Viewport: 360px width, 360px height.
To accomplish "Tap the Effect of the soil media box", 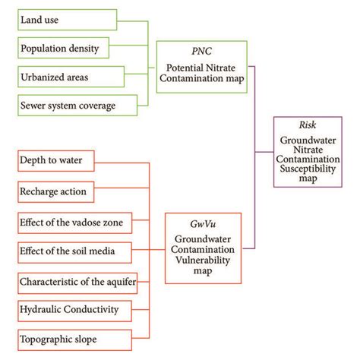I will (76, 249).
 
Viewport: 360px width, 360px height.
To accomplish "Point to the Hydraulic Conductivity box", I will (76, 309).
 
